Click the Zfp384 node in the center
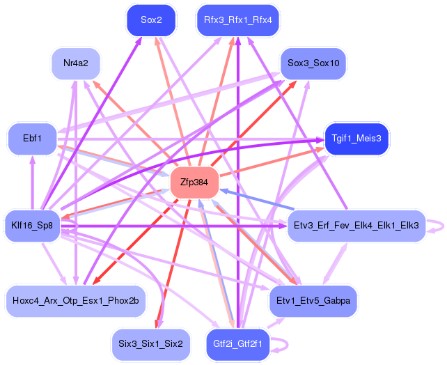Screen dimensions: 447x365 coord(194,182)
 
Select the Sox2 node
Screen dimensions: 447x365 coord(151,20)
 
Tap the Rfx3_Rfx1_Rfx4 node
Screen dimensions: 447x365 coord(237,20)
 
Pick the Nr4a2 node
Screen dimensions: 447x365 coord(76,63)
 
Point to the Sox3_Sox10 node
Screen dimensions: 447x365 coord(313,63)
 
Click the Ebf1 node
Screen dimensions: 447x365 coord(33,139)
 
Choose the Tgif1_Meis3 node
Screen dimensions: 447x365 coord(356,139)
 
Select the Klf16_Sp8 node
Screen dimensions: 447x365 coord(32,226)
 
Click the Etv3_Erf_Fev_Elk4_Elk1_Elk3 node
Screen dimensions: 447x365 coord(356,226)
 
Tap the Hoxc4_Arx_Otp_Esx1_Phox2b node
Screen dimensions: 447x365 coord(76,301)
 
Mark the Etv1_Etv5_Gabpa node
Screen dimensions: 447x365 coord(313,301)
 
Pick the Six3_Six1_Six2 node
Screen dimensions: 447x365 coord(150,344)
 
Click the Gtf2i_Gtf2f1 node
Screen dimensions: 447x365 coord(237,344)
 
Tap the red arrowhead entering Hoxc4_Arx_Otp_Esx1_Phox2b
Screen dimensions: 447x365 coord(96,281)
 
